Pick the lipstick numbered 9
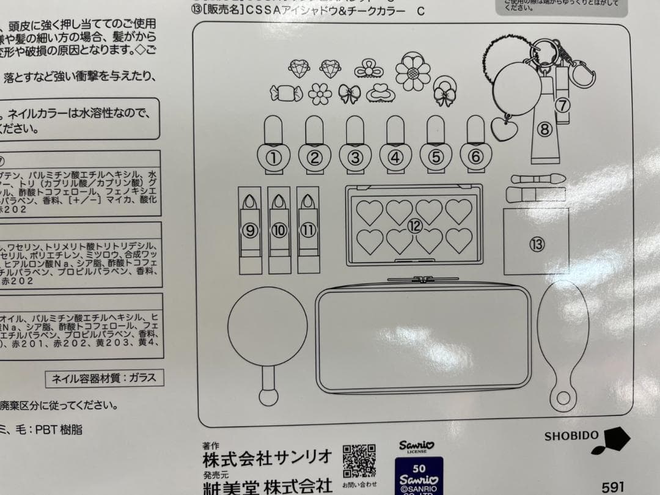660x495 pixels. tap(249, 229)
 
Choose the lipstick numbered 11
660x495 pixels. tap(308, 229)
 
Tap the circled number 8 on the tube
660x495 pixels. tap(545, 128)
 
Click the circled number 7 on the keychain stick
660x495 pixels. tap(562, 105)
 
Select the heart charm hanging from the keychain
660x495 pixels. tap(504, 129)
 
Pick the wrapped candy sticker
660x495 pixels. tap(286, 94)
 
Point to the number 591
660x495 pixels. tap(613, 487)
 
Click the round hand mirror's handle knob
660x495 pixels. tap(268, 395)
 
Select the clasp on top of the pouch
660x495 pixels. tap(423, 280)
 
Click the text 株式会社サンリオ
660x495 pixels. tap(268, 457)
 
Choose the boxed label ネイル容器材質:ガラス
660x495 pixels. tap(105, 378)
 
